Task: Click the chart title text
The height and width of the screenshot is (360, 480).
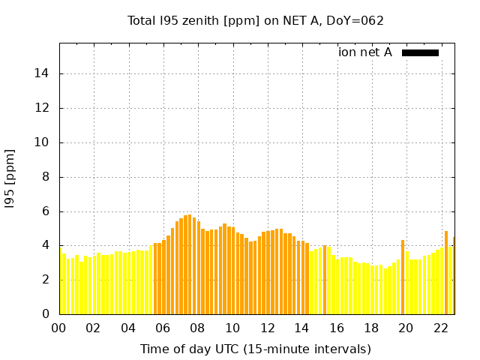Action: (x=256, y=20)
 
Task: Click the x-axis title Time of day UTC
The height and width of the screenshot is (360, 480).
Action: (x=256, y=349)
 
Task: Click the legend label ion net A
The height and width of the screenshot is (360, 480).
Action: (x=365, y=52)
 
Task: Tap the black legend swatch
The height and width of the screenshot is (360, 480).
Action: (x=420, y=52)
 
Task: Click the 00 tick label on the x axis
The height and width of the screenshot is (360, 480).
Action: (x=59, y=328)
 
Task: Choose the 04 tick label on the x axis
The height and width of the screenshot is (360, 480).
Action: (x=129, y=328)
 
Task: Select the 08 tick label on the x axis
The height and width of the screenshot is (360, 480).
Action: (x=198, y=328)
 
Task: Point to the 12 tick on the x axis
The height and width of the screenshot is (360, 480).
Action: (x=268, y=328)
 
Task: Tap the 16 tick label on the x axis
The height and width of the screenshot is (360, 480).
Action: (x=337, y=328)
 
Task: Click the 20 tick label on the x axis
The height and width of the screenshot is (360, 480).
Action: (x=406, y=328)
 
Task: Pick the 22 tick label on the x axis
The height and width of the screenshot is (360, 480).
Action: (x=441, y=328)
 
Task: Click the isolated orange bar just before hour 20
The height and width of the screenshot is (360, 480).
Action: (x=403, y=277)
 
